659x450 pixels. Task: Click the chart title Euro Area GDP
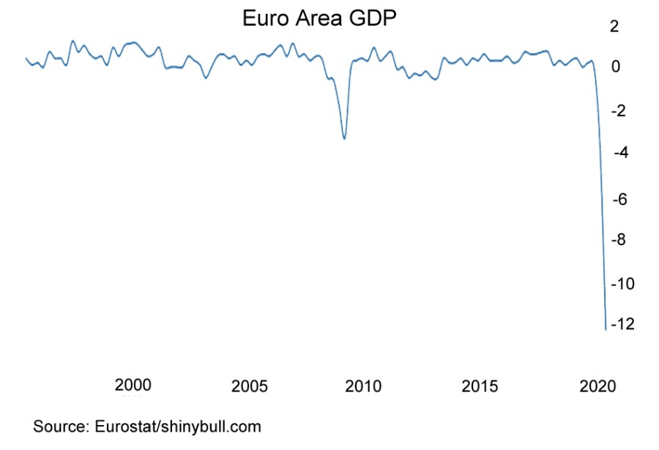[x=320, y=18]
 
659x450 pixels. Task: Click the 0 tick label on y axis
[x=616, y=67]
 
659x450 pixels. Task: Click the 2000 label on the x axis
[x=133, y=386]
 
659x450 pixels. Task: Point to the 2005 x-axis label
[x=248, y=386]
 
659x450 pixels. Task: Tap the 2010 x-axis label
[x=363, y=386]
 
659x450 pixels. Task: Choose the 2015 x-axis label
[x=480, y=386]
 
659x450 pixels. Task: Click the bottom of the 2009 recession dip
[x=344, y=138]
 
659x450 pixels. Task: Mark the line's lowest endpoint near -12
[x=606, y=329]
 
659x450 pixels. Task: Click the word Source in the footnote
[x=60, y=426]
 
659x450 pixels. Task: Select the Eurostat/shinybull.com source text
[x=178, y=426]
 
